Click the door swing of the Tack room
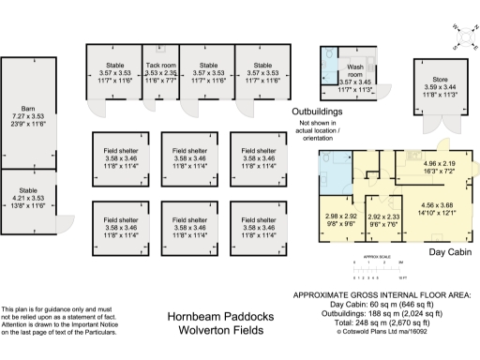(x=150, y=103)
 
